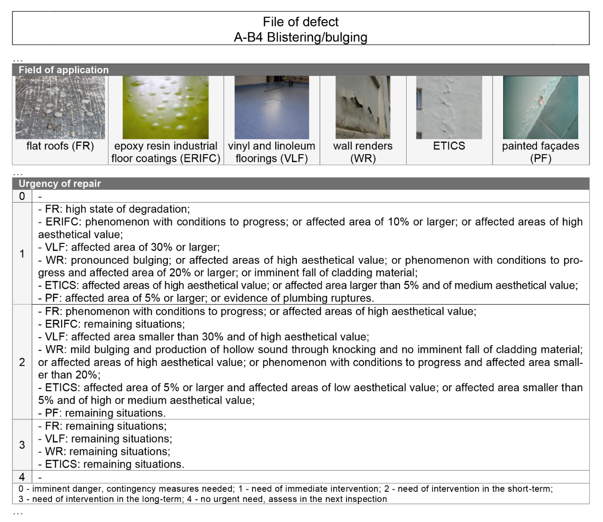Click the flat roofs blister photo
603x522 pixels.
point(60,107)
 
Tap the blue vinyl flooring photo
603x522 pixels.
point(272,107)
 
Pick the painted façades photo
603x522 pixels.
point(540,107)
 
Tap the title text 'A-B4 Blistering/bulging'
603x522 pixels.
point(301,37)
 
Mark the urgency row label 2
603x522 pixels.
point(22,362)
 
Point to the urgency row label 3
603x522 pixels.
point(22,445)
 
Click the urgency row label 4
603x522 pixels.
point(22,477)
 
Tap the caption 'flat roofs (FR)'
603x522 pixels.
point(60,146)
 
